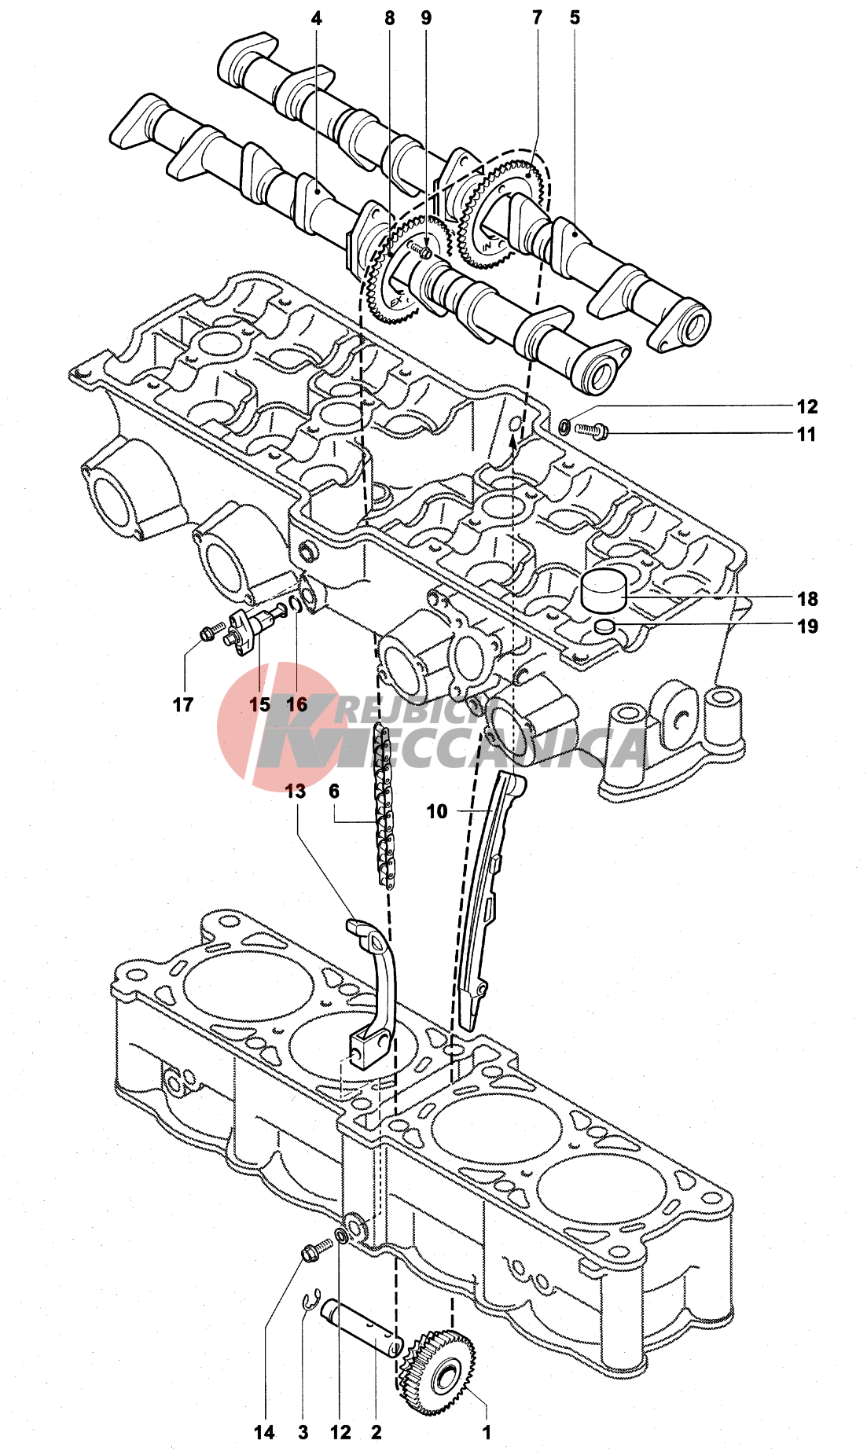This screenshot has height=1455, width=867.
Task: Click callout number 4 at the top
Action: point(316,18)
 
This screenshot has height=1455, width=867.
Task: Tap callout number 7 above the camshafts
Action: point(537,18)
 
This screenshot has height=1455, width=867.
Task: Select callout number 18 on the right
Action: point(807,599)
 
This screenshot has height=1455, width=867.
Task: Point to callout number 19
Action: point(807,626)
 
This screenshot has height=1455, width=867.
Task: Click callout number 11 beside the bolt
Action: point(806,434)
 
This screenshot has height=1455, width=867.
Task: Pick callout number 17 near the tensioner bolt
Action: point(183,704)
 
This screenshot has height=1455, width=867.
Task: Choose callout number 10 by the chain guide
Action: point(437,811)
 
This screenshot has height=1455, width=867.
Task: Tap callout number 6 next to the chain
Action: point(334,792)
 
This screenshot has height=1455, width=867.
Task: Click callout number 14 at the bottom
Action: point(264,1432)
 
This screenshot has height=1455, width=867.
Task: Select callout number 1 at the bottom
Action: point(487,1432)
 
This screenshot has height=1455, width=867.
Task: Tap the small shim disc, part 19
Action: point(604,626)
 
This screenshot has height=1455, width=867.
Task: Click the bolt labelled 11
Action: point(591,429)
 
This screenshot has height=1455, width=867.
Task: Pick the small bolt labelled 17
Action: point(209,632)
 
